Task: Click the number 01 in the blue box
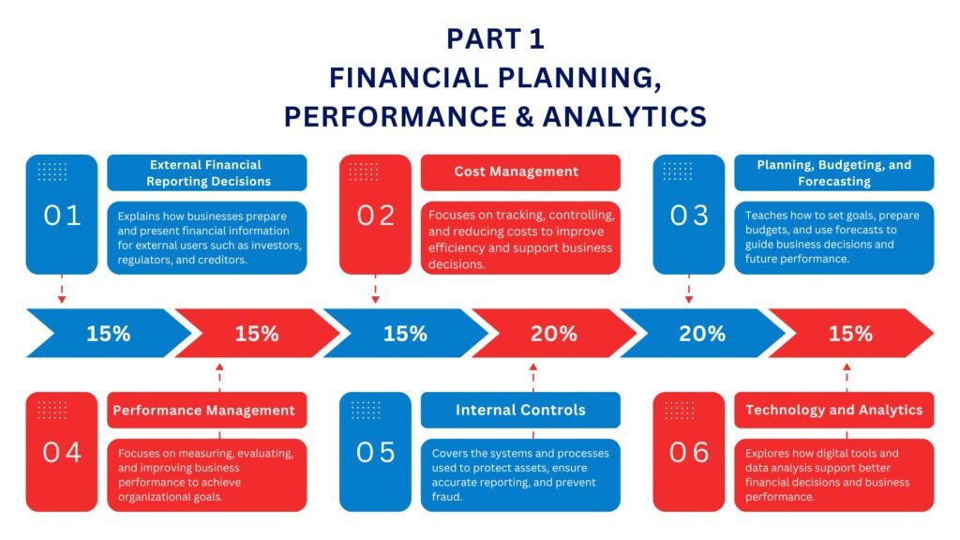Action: tap(62, 216)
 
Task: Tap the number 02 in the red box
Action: tap(376, 216)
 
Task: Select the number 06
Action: tap(689, 453)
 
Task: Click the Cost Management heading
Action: tap(517, 172)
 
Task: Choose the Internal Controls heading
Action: tap(520, 410)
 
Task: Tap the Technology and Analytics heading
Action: tap(833, 410)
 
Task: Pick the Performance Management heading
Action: tap(203, 411)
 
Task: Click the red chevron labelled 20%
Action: tap(554, 333)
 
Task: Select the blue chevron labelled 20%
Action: tap(702, 333)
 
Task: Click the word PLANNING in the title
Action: tap(579, 79)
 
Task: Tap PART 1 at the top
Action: tap(495, 38)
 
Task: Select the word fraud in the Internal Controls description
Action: tap(446, 497)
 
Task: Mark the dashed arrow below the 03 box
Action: tap(689, 289)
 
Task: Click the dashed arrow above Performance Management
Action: tap(219, 377)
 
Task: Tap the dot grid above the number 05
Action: tap(366, 410)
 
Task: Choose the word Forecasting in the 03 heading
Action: tap(833, 181)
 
